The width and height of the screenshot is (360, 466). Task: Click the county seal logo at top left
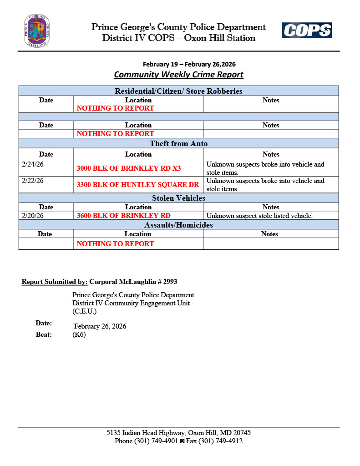click(37, 31)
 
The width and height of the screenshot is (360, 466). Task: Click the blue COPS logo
click(306, 30)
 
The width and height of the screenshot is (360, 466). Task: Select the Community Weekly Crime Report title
click(178, 75)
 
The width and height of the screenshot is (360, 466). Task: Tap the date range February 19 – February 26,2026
click(189, 64)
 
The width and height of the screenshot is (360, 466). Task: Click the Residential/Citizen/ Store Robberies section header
click(178, 91)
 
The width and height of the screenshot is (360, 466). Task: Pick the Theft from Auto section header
click(178, 144)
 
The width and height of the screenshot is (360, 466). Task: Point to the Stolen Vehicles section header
click(178, 198)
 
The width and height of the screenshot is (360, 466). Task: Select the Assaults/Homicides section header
click(178, 225)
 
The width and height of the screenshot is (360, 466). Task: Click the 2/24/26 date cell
click(33, 164)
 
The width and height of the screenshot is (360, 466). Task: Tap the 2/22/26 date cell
click(33, 181)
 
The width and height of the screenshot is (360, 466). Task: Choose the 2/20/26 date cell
click(33, 216)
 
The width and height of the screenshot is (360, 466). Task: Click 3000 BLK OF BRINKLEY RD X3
click(129, 168)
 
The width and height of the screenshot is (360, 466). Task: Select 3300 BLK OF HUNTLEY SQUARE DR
click(138, 185)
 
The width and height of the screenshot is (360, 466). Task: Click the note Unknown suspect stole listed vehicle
click(259, 216)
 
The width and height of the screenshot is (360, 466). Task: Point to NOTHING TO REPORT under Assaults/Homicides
click(115, 243)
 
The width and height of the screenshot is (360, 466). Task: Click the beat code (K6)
click(79, 335)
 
